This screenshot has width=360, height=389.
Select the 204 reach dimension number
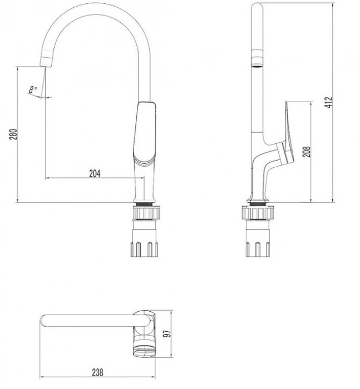tap(95, 173)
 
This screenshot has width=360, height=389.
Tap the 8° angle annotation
tap(33, 88)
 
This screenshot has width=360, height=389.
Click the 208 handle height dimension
tap(306, 152)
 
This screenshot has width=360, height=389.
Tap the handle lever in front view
tap(144, 131)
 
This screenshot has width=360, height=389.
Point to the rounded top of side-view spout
tap(258, 8)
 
